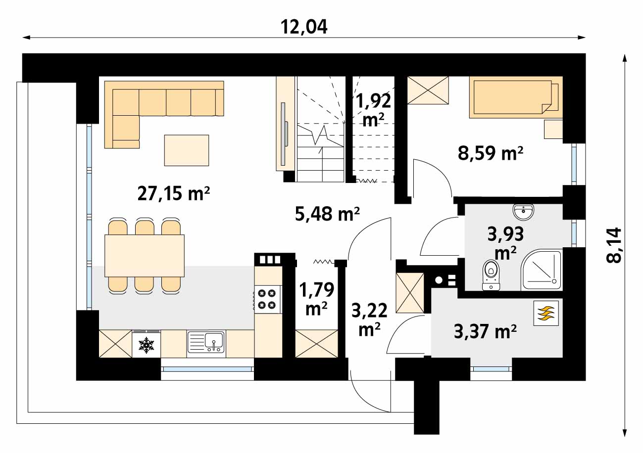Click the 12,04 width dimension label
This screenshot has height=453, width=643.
[x=304, y=27]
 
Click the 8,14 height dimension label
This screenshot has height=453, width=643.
[x=614, y=245]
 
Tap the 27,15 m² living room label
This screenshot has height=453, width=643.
[x=174, y=193]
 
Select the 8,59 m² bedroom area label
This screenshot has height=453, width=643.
[x=490, y=153]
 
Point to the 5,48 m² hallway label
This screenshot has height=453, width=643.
[x=327, y=214]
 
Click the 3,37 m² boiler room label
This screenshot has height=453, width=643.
[x=486, y=331]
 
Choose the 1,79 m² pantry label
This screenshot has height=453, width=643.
[x=316, y=299]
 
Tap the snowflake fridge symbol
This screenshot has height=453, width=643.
[x=147, y=345]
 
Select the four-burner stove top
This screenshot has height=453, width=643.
[x=267, y=299]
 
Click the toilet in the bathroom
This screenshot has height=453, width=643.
[x=491, y=275]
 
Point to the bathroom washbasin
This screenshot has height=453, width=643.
[x=523, y=212]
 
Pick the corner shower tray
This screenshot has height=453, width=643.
[x=541, y=270]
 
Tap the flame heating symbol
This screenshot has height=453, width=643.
[x=546, y=313]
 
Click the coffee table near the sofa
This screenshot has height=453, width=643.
[x=187, y=150]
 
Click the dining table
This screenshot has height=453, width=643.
[x=145, y=256]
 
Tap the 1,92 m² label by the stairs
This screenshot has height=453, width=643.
[x=373, y=110]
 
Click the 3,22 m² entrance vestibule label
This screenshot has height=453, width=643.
[x=369, y=319]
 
